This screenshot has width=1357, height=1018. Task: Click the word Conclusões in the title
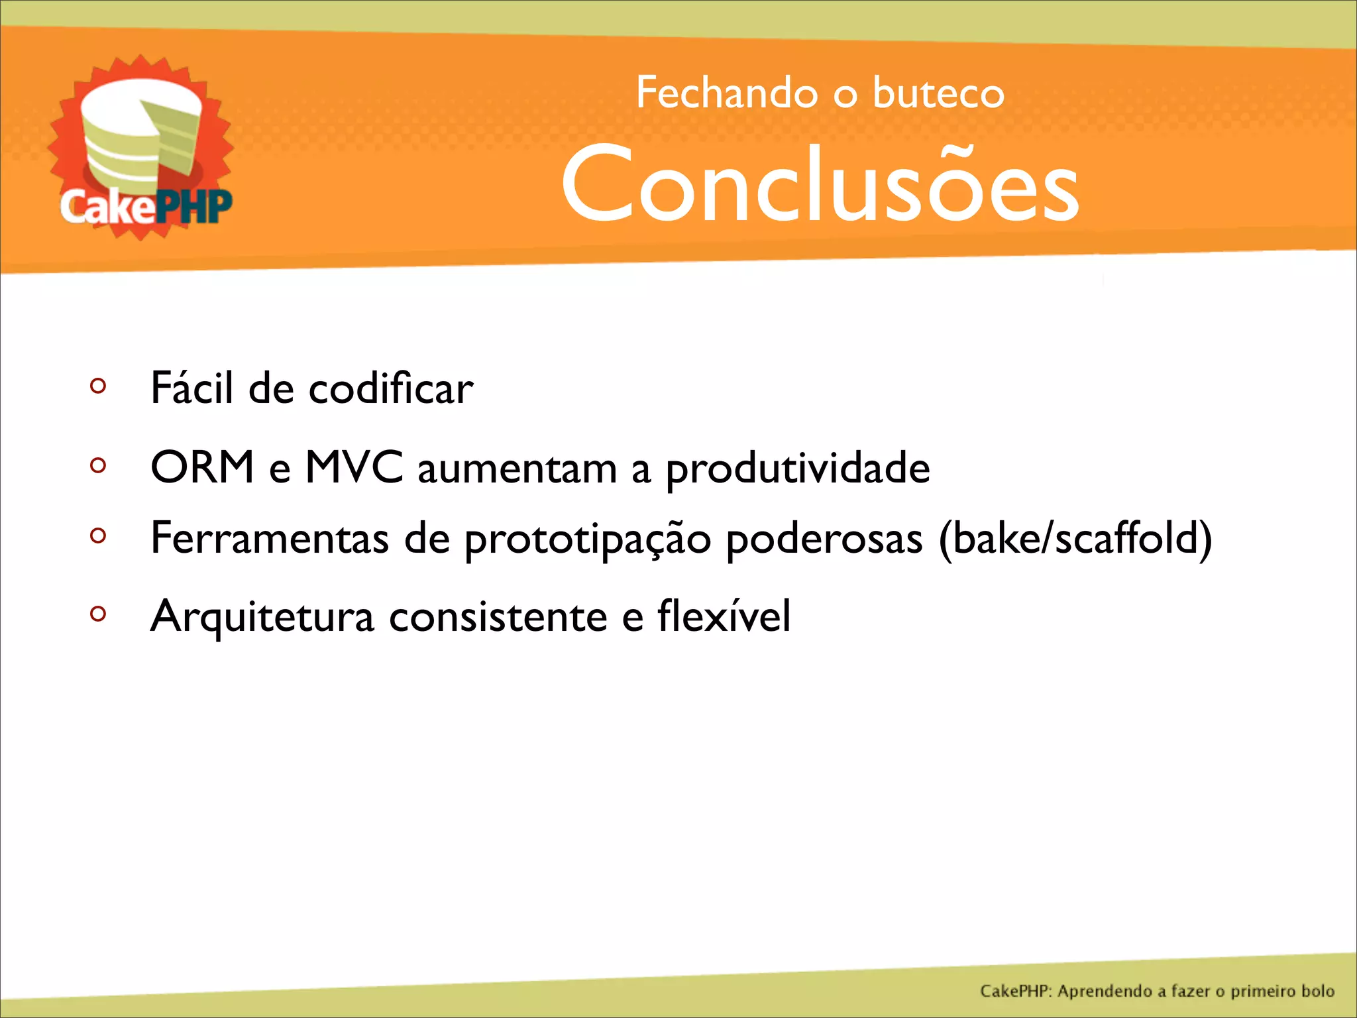820,184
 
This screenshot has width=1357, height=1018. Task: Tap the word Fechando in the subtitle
726,93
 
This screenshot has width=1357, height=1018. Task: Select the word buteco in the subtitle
938,93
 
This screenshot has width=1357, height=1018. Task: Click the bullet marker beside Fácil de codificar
98,386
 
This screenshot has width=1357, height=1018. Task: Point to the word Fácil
191,388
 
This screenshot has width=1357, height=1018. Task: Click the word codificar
391,388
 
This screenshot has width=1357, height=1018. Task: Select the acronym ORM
203,467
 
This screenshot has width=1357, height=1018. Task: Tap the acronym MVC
354,467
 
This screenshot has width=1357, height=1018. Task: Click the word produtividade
798,469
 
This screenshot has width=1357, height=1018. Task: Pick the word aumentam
517,469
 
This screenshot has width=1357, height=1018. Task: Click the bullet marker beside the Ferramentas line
98,535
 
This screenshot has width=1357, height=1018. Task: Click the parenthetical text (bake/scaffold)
1075,538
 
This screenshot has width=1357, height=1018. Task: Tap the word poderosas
824,538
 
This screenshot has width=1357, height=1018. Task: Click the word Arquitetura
262,616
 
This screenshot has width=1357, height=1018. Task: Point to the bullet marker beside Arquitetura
98,614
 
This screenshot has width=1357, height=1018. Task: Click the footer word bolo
1317,991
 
